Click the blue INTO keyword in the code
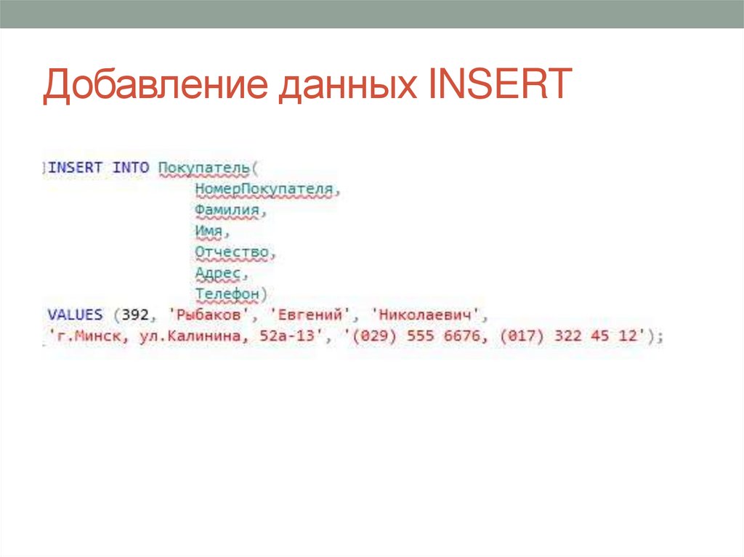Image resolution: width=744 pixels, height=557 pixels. pyautogui.click(x=131, y=168)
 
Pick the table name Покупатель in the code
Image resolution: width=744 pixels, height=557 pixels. pyautogui.click(x=204, y=168)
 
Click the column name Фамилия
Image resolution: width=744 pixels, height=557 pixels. pyautogui.click(x=227, y=211)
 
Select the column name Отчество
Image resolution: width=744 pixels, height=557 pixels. pyautogui.click(x=232, y=253)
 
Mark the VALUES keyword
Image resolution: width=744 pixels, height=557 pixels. pyautogui.click(x=75, y=316)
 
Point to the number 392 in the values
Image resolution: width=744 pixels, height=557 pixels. pyautogui.click(x=136, y=316)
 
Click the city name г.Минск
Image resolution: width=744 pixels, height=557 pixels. pyautogui.click(x=81, y=337)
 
